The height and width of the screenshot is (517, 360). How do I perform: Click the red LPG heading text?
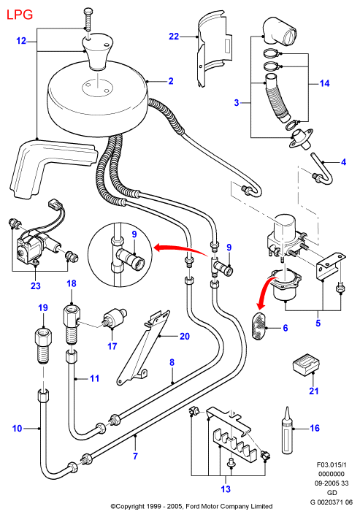[x=20, y=15]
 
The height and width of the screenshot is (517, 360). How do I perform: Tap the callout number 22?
[x=174, y=37]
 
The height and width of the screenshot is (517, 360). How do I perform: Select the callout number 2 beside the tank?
[x=171, y=81]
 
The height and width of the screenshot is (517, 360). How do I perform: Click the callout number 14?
[x=324, y=83]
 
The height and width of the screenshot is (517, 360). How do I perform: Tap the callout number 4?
[x=343, y=162]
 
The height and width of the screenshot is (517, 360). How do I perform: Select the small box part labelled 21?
[x=306, y=364]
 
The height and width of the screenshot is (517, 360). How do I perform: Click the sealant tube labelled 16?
[x=287, y=431]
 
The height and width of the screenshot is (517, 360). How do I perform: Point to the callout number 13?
[x=226, y=489]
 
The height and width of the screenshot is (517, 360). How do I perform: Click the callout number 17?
[x=112, y=346]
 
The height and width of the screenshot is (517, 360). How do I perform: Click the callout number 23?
[x=36, y=286]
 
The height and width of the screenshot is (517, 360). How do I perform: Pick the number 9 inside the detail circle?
[x=134, y=234]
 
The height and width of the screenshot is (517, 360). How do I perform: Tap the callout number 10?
[x=17, y=429]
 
